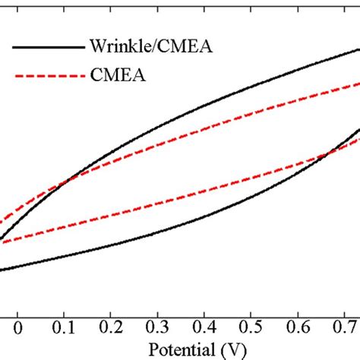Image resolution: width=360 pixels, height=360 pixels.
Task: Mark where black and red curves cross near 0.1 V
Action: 71,181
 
